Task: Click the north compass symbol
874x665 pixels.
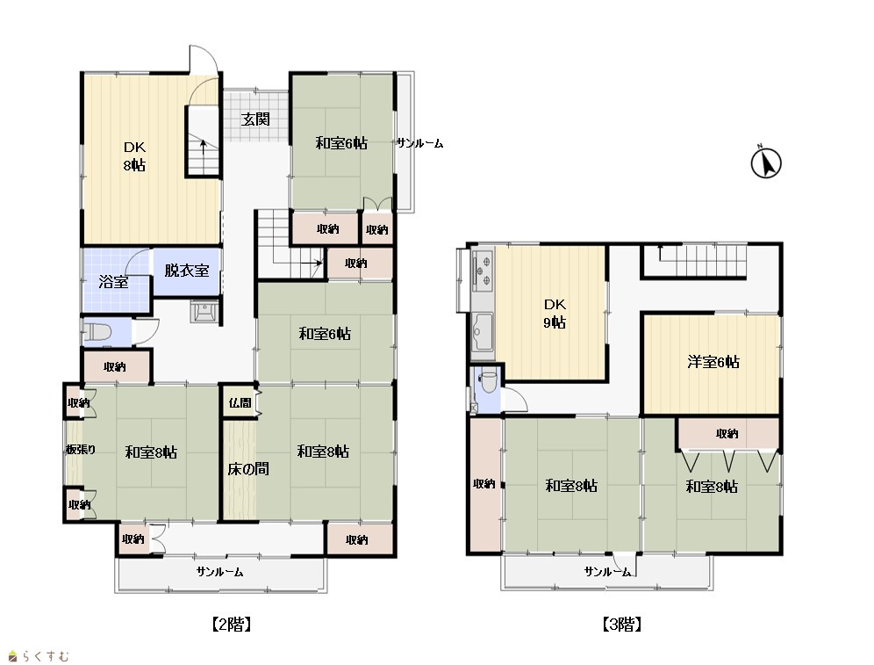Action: [x=766, y=163]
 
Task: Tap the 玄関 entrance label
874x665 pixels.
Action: [x=256, y=119]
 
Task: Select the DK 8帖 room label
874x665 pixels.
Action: [x=134, y=156]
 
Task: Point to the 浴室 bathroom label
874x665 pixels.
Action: [x=113, y=282]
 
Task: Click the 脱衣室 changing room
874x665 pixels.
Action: [x=187, y=271]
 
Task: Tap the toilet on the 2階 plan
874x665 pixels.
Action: [x=97, y=332]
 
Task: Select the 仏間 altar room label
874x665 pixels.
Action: [x=240, y=402]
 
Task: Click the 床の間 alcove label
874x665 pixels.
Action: [x=248, y=468]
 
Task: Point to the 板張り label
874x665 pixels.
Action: [x=81, y=449]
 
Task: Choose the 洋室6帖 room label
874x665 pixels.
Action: [x=713, y=362]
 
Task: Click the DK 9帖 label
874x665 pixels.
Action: [x=555, y=313]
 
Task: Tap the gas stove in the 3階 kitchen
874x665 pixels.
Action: [x=483, y=270]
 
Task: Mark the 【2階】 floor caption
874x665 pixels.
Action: [x=231, y=625]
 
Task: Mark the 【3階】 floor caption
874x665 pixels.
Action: [x=621, y=625]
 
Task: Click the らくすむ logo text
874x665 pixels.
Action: [x=46, y=656]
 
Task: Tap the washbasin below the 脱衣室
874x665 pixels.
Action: [x=204, y=311]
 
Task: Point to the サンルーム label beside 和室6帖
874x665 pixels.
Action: [x=419, y=144]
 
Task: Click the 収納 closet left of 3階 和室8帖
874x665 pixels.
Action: [x=484, y=484]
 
